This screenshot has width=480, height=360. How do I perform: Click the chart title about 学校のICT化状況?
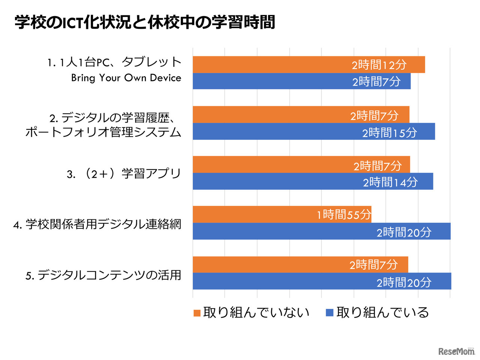pos(145,22)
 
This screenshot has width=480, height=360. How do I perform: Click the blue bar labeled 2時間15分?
pos(313,132)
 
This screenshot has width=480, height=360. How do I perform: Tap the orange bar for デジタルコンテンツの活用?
pos(300,264)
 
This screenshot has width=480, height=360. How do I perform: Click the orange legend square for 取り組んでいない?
pos(197,313)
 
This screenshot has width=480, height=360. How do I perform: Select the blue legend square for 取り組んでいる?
pos(330,313)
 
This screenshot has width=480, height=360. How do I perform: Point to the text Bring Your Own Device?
pos(126,78)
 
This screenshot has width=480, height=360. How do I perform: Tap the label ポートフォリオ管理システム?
pos(103,132)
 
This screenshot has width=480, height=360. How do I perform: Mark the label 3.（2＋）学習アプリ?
pos(124,174)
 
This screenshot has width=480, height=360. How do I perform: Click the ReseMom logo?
pos(456,351)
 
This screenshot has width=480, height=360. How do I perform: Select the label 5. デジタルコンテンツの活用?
pos(103,275)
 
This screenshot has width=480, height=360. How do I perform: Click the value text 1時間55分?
pos(344,214)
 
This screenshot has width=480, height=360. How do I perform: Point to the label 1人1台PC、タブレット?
pos(114,62)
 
